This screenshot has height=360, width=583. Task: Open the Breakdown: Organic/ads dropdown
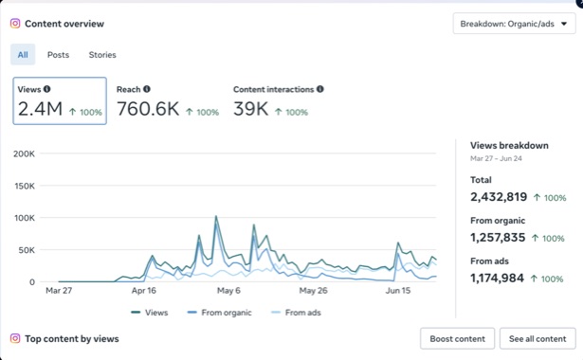coord(514,24)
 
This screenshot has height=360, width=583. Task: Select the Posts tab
coord(58,55)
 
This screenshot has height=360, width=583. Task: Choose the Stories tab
coord(102,55)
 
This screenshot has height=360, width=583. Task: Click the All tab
coord(23,55)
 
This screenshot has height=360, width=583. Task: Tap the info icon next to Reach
coord(147,89)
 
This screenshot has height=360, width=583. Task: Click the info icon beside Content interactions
coord(320,89)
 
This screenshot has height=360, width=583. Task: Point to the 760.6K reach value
coord(148,109)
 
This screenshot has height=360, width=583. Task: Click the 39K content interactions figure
coord(250,109)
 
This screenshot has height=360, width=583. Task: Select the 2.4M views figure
coord(40,109)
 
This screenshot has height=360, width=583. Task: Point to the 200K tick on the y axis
coord(24,153)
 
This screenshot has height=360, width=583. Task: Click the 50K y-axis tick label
coord(27,250)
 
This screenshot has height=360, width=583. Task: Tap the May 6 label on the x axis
coord(228,291)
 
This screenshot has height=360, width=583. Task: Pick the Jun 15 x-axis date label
coord(398,291)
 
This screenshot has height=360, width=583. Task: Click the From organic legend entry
coord(219,313)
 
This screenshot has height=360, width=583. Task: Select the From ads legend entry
coord(297,313)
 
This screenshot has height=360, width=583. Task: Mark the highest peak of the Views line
coord(216,216)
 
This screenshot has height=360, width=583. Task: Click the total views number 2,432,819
coord(499,197)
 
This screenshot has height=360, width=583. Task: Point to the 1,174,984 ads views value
coord(497,279)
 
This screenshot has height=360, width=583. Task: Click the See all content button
coord(537,339)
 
